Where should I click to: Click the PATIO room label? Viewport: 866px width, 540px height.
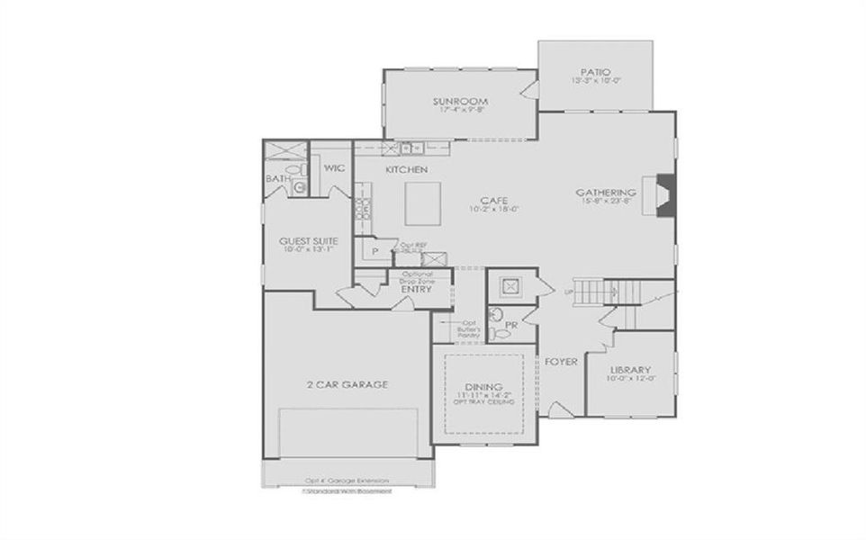(x=596, y=71)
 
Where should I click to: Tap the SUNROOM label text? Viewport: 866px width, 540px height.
(x=459, y=101)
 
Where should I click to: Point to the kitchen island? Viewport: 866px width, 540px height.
(x=422, y=203)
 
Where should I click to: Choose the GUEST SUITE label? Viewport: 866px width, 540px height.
(x=308, y=241)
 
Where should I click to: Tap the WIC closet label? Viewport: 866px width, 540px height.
(x=335, y=168)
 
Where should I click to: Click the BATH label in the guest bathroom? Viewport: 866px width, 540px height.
(x=275, y=179)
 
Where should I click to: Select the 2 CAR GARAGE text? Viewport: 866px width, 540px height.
(x=347, y=384)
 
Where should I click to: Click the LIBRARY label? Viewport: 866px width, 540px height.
(x=630, y=371)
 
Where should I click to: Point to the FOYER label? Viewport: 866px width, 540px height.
(x=561, y=362)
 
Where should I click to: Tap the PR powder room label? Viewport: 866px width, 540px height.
(x=510, y=323)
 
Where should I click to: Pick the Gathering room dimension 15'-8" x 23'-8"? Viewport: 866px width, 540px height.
(x=606, y=202)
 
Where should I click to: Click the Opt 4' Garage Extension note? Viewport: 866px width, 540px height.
(x=347, y=481)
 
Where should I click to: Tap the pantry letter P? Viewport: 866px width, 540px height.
(x=374, y=252)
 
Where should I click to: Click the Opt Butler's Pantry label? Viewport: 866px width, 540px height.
(x=470, y=328)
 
